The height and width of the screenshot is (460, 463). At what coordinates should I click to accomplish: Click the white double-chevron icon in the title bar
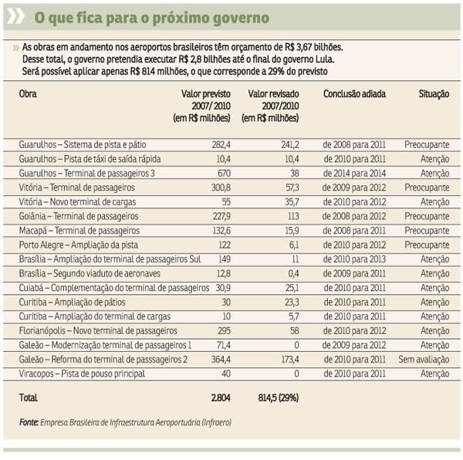pyautogui.click(x=15, y=16)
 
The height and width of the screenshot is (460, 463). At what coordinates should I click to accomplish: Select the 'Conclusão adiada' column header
pyautogui.click(x=354, y=94)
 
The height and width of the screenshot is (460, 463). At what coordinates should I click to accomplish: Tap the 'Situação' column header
pyautogui.click(x=434, y=94)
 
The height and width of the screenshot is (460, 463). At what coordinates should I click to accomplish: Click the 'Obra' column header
pyautogui.click(x=28, y=94)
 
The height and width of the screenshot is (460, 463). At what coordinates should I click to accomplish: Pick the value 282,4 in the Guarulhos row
pyautogui.click(x=221, y=144)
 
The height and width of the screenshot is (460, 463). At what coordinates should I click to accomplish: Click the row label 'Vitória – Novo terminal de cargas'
pyautogui.click(x=77, y=202)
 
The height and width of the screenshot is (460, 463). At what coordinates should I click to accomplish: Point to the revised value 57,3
pyautogui.click(x=292, y=188)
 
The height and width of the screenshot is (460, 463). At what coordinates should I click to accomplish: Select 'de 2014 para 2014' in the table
pyautogui.click(x=354, y=174)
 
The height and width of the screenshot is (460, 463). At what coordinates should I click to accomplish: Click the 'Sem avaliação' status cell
pyautogui.click(x=424, y=360)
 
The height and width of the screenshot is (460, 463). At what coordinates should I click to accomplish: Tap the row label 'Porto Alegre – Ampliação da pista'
pyautogui.click(x=78, y=245)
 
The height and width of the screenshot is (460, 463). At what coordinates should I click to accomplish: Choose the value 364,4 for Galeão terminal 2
pyautogui.click(x=221, y=360)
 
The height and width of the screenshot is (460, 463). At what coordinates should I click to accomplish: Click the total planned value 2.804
pyautogui.click(x=221, y=397)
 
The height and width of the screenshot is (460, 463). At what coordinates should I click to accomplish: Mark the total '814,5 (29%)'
pyautogui.click(x=279, y=397)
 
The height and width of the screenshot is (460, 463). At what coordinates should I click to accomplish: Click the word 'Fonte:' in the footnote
pyautogui.click(x=29, y=422)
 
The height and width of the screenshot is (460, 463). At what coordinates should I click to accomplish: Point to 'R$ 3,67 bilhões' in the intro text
pyautogui.click(x=314, y=47)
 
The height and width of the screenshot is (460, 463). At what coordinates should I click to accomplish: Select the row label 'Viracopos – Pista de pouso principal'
pyautogui.click(x=82, y=374)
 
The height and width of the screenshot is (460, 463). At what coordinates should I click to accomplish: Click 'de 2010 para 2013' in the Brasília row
pyautogui.click(x=354, y=259)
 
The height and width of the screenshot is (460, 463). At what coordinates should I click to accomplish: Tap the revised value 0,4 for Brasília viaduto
pyautogui.click(x=293, y=273)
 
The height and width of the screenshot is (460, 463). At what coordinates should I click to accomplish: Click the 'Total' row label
pyautogui.click(x=28, y=397)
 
